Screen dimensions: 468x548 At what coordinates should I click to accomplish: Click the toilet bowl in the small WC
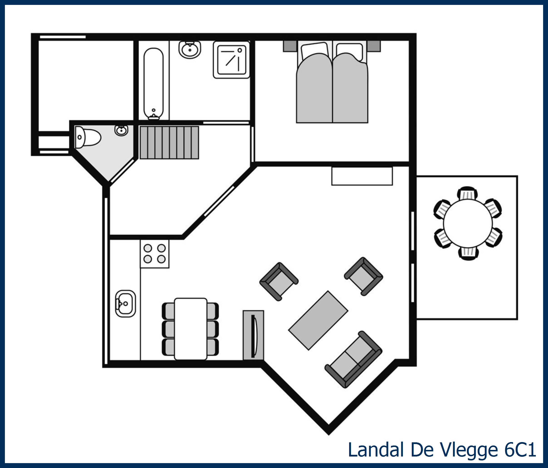[x=88, y=137]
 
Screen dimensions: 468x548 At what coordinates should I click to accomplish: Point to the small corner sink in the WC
[x=121, y=130]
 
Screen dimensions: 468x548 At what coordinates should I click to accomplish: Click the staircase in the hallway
[x=169, y=143]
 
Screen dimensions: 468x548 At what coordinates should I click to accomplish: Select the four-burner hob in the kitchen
[x=154, y=254]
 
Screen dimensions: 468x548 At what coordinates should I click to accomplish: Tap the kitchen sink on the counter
[x=125, y=303]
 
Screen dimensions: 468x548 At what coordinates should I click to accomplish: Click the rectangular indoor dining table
[x=190, y=329]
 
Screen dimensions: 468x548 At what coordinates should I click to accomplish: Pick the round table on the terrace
[x=468, y=223]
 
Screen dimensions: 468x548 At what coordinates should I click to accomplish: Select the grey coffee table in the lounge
[x=318, y=320]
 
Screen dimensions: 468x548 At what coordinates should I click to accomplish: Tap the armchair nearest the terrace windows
[x=363, y=276]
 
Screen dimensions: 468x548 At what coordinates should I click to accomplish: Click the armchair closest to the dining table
[x=279, y=281]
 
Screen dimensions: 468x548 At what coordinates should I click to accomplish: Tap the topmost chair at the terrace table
[x=468, y=194]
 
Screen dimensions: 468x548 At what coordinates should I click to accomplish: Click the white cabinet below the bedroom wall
[x=362, y=176]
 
